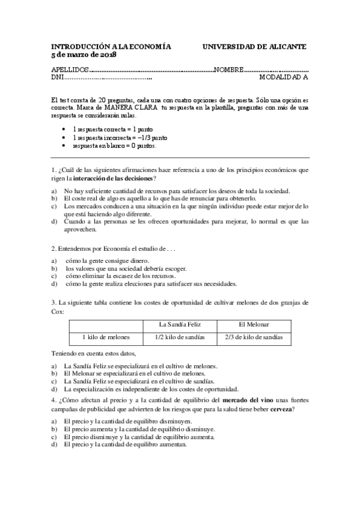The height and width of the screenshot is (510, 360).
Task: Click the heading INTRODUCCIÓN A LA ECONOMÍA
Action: (x=111, y=46)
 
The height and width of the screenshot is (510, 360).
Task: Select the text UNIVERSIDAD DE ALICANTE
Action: (x=255, y=46)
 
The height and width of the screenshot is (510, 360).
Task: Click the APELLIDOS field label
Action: (x=71, y=69)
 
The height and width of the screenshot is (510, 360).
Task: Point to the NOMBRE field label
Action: (x=228, y=69)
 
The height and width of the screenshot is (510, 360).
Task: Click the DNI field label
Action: (x=58, y=77)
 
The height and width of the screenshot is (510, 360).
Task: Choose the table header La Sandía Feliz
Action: (x=179, y=324)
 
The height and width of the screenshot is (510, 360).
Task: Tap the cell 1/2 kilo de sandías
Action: (x=179, y=337)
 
